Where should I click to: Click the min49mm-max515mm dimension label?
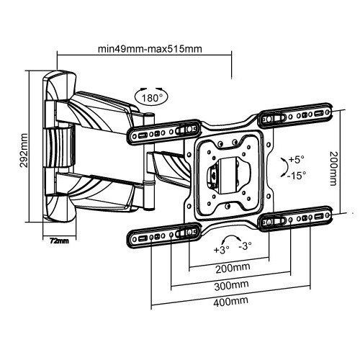(x=150, y=49)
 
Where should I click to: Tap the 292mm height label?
(x=24, y=150)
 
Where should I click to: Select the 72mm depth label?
(x=59, y=240)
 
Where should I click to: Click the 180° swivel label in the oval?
(x=152, y=98)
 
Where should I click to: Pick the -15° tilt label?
(x=297, y=176)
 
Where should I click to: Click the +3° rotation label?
(x=221, y=250)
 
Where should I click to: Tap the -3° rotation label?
(x=245, y=246)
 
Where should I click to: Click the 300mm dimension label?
(x=231, y=286)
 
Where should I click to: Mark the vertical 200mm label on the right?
(x=333, y=168)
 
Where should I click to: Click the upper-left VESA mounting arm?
(x=164, y=132)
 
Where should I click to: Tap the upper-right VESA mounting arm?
(x=295, y=115)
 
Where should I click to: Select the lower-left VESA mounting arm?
(x=164, y=235)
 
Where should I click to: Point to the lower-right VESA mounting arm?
(x=295, y=219)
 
